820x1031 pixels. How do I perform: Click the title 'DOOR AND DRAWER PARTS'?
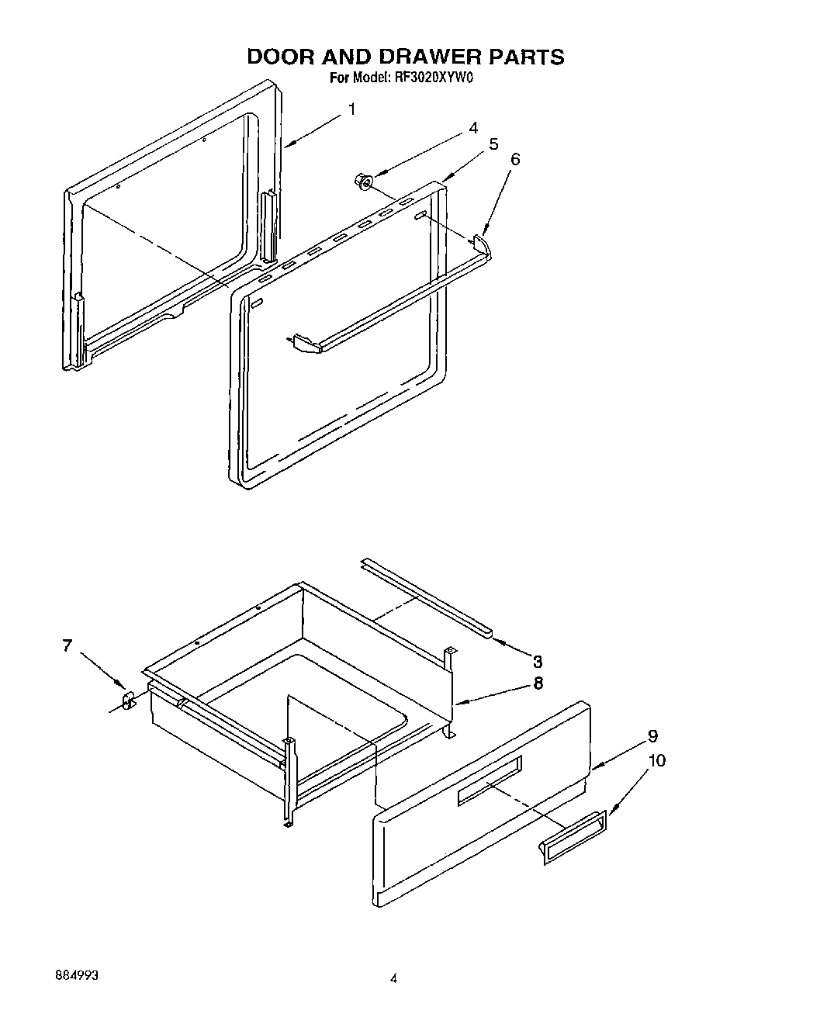(405, 57)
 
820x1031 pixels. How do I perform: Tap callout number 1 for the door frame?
(351, 109)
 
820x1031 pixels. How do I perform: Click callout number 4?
(472, 129)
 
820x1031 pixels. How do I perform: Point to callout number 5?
(493, 144)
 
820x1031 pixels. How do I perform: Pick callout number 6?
(515, 160)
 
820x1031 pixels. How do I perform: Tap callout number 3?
(537, 662)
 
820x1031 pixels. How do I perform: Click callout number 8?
(538, 683)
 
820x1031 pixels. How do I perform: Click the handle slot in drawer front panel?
(490, 781)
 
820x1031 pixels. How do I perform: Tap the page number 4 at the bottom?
(393, 980)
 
